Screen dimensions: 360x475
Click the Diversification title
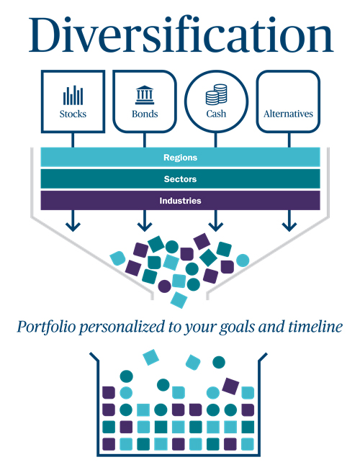click(181, 36)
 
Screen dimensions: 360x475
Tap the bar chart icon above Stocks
click(73, 96)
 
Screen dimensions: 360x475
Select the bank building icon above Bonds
click(145, 95)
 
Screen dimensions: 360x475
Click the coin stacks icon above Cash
click(216, 94)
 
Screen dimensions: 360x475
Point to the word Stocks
click(73, 114)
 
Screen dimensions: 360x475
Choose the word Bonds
click(145, 114)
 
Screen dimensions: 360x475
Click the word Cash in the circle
click(216, 114)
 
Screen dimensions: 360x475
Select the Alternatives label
click(288, 114)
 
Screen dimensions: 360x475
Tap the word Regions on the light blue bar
click(180, 158)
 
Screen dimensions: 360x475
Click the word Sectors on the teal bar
click(180, 179)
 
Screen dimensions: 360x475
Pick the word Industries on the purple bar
click(180, 201)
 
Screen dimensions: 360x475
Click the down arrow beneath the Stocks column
click(73, 221)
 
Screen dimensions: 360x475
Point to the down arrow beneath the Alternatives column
click(289, 221)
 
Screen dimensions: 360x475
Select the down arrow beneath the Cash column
click(216, 221)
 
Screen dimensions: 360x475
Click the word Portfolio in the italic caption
click(46, 327)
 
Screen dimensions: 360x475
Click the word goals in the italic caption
click(237, 327)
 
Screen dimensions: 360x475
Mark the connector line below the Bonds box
click(145, 140)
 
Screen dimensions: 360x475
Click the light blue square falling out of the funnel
click(179, 300)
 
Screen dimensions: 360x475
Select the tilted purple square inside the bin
click(230, 386)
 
